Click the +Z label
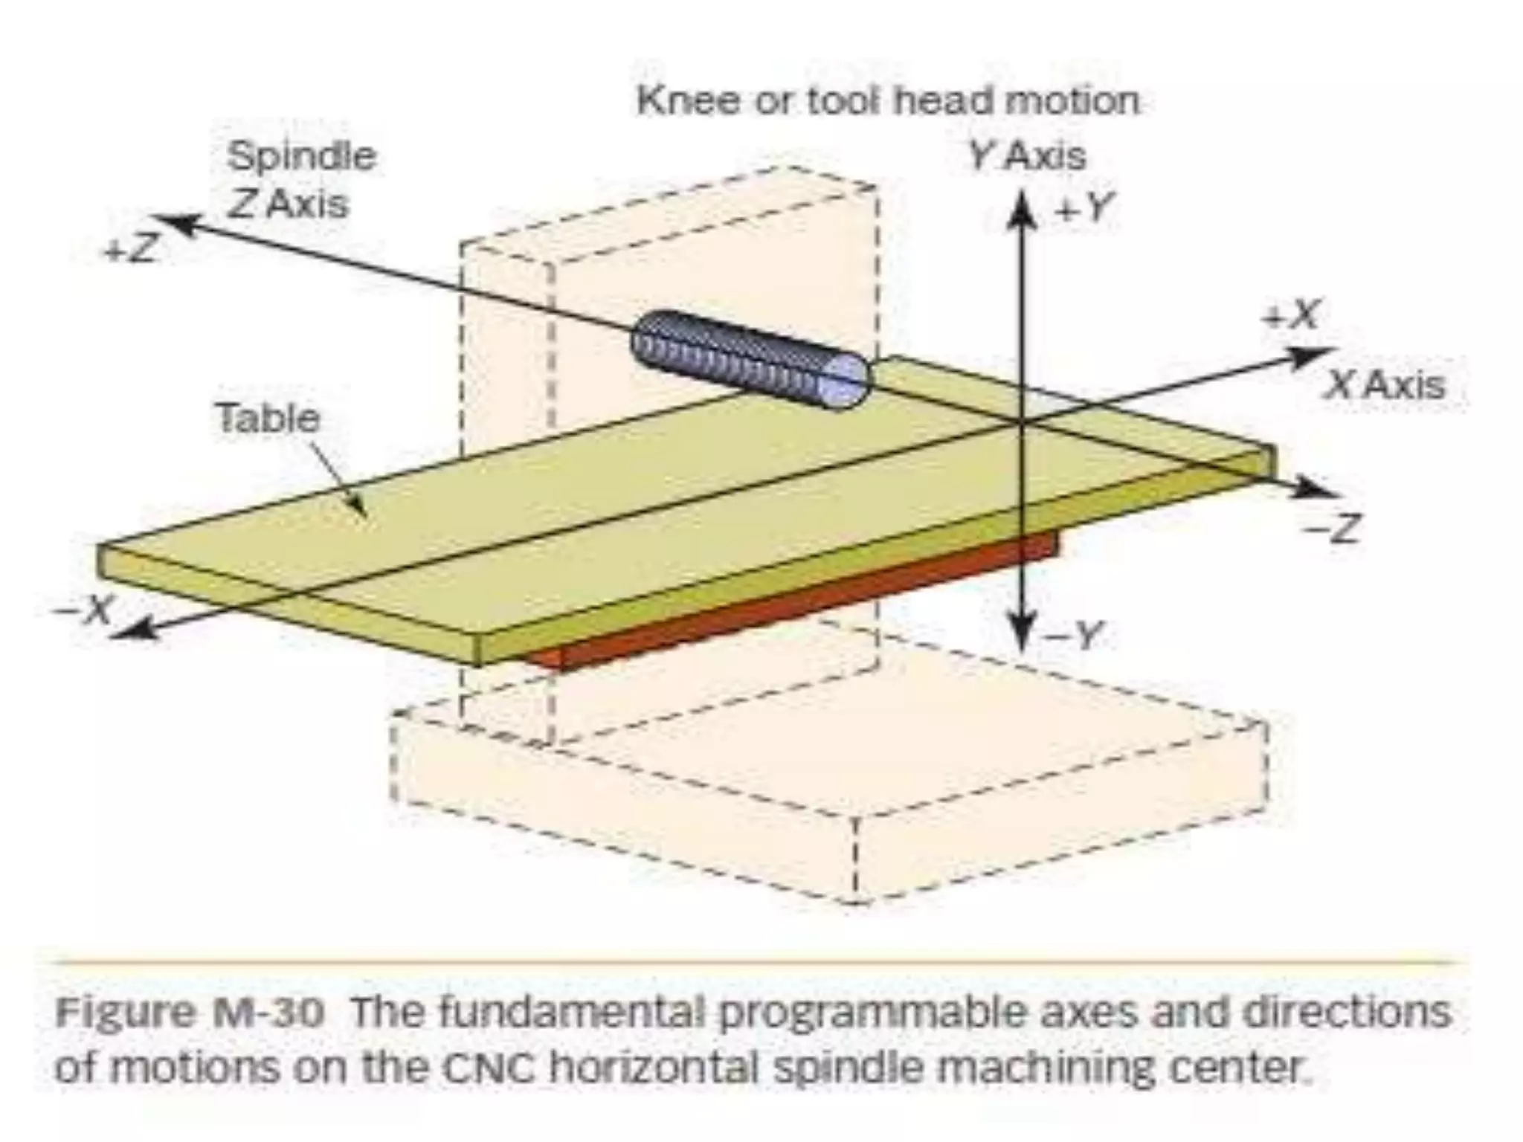(x=131, y=251)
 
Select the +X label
(x=1292, y=315)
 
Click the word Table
(x=268, y=418)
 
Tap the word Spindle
(x=301, y=157)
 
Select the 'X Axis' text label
(x=1385, y=385)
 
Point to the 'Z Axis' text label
(x=287, y=204)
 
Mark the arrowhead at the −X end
(x=134, y=630)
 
